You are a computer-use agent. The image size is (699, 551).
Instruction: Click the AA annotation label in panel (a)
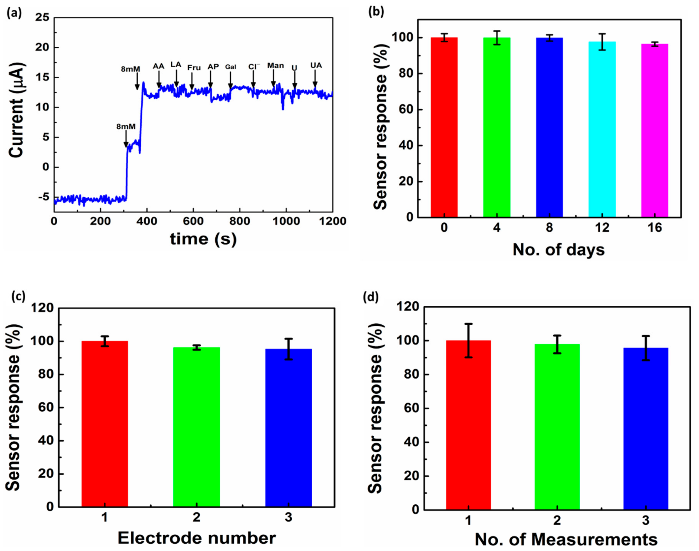tap(158, 66)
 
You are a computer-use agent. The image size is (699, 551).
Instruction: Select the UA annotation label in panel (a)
tap(316, 65)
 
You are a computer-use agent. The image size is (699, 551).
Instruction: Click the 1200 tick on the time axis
tap(333, 221)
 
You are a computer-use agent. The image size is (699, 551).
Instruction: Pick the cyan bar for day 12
tap(602, 129)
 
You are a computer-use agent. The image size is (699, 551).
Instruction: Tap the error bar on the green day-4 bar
tap(497, 38)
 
